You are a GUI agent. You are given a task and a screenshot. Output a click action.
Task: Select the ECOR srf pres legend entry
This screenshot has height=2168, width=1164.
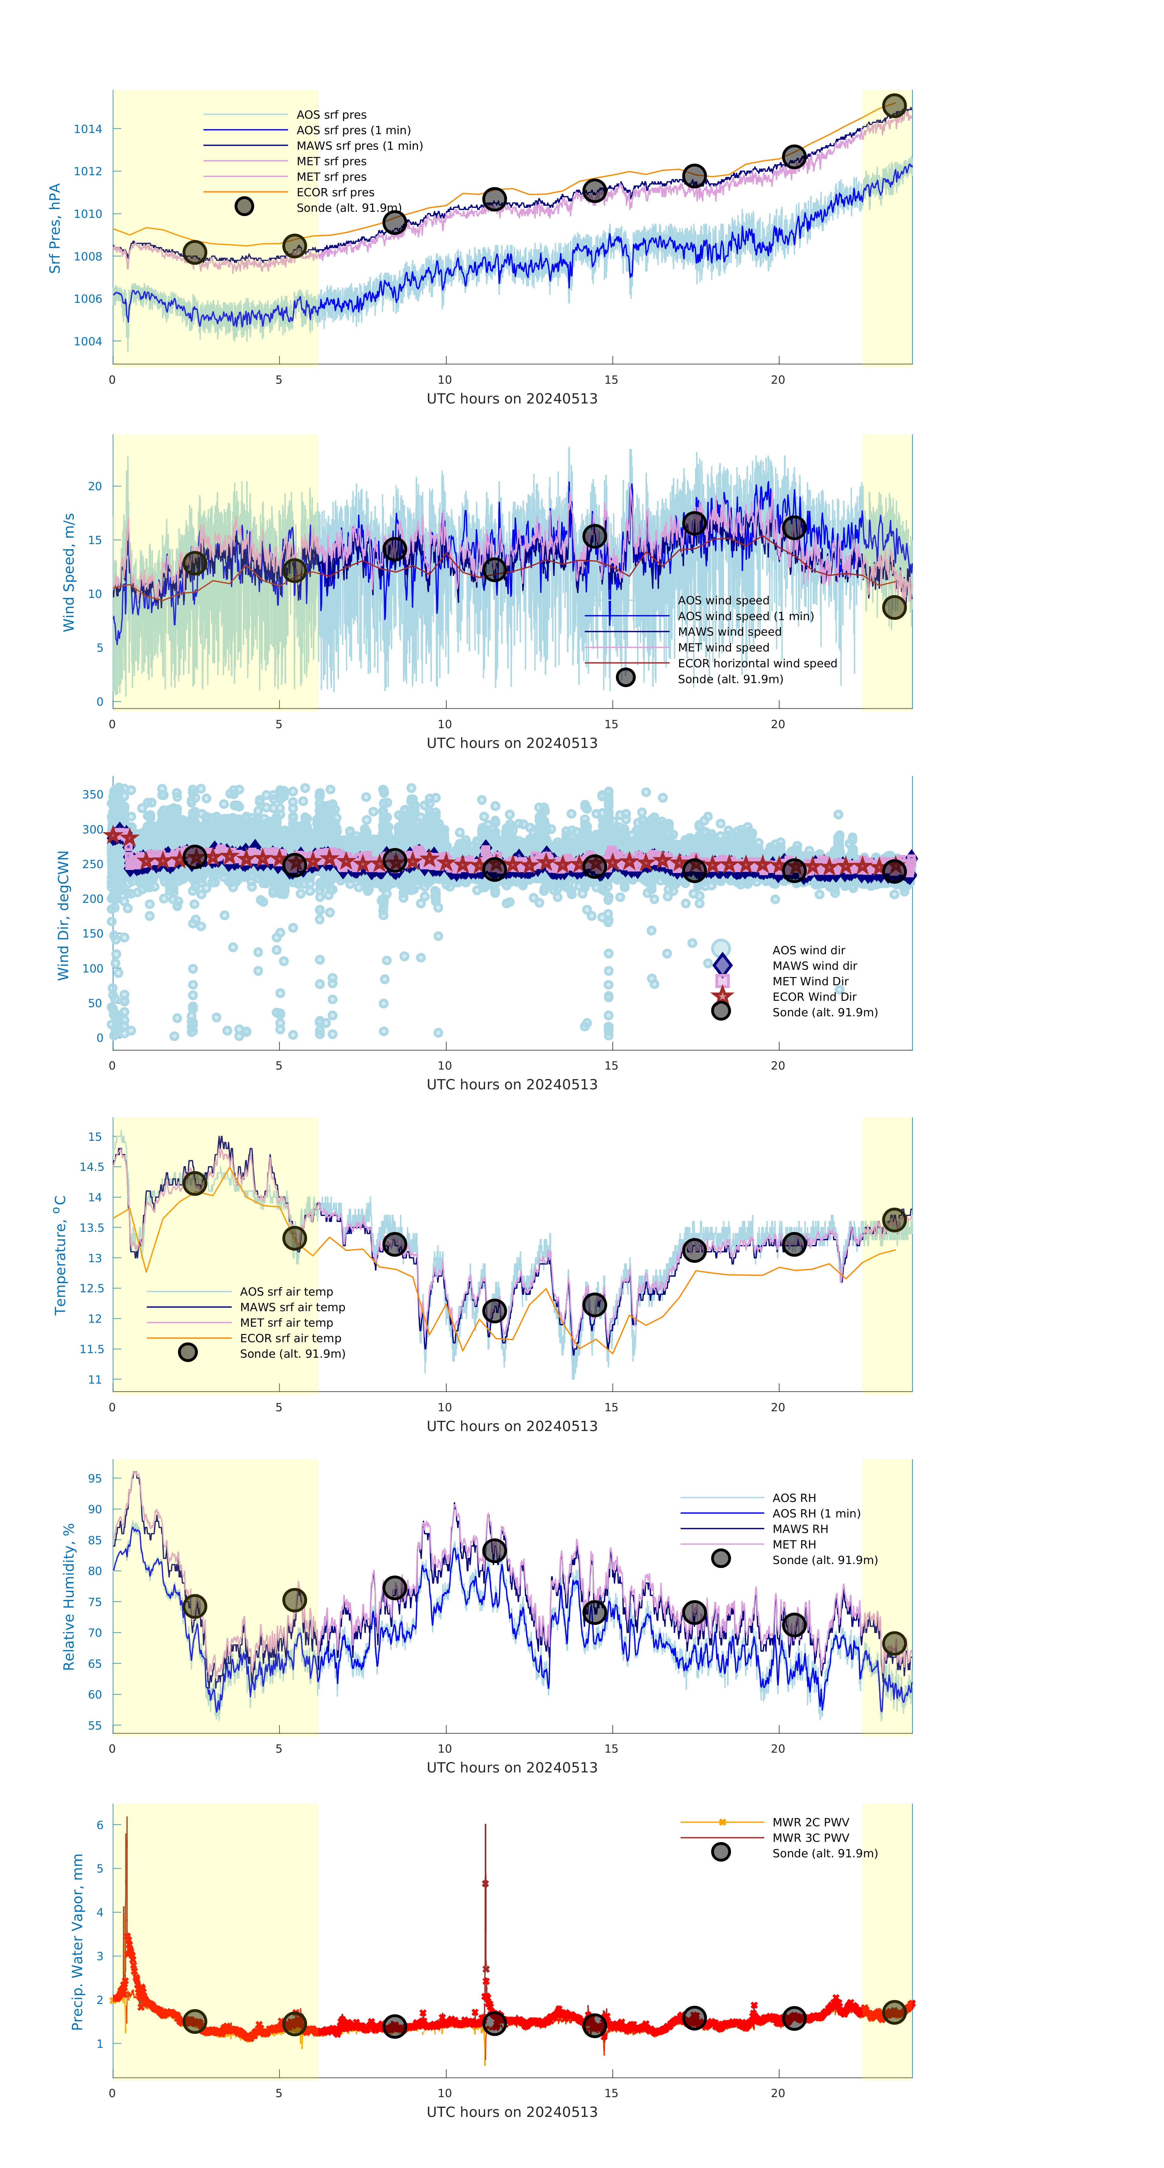pos(335,192)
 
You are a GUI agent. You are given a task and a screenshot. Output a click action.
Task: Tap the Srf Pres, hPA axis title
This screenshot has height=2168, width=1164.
pos(55,228)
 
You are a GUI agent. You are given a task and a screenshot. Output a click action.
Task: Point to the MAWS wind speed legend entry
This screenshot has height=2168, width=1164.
pos(729,632)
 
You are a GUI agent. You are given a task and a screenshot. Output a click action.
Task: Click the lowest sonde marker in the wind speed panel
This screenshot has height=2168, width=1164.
pos(894,607)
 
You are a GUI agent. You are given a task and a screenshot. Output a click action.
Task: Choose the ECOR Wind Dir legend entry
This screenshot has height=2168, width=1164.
pos(814,997)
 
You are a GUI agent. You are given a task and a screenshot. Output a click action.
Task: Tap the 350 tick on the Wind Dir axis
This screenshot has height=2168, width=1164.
pos(93,794)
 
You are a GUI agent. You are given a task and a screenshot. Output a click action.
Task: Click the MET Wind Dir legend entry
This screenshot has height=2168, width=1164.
pos(810,981)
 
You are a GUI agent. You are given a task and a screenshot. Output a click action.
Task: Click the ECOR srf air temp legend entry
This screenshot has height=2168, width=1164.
pos(290,1338)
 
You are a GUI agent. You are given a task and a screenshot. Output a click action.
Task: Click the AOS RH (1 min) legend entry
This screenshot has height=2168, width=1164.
pos(816,1513)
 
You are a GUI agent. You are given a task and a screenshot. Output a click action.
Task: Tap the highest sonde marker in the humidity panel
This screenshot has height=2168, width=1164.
pos(494,1550)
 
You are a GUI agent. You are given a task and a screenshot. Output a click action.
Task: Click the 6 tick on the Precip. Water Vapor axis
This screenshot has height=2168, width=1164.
pos(99,1825)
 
